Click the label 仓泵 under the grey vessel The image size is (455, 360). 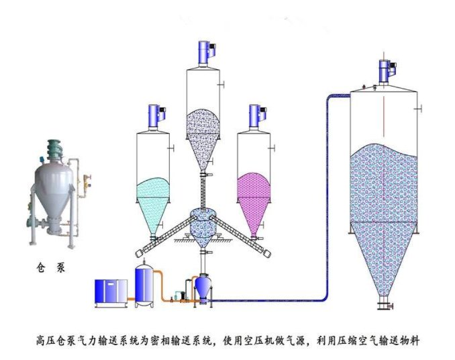[51, 266]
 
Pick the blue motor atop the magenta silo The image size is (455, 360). [255, 115]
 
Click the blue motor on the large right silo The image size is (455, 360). [386, 71]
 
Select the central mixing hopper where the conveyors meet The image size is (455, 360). [203, 224]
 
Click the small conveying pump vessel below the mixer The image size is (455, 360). [203, 286]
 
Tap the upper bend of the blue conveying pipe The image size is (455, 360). [330, 98]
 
